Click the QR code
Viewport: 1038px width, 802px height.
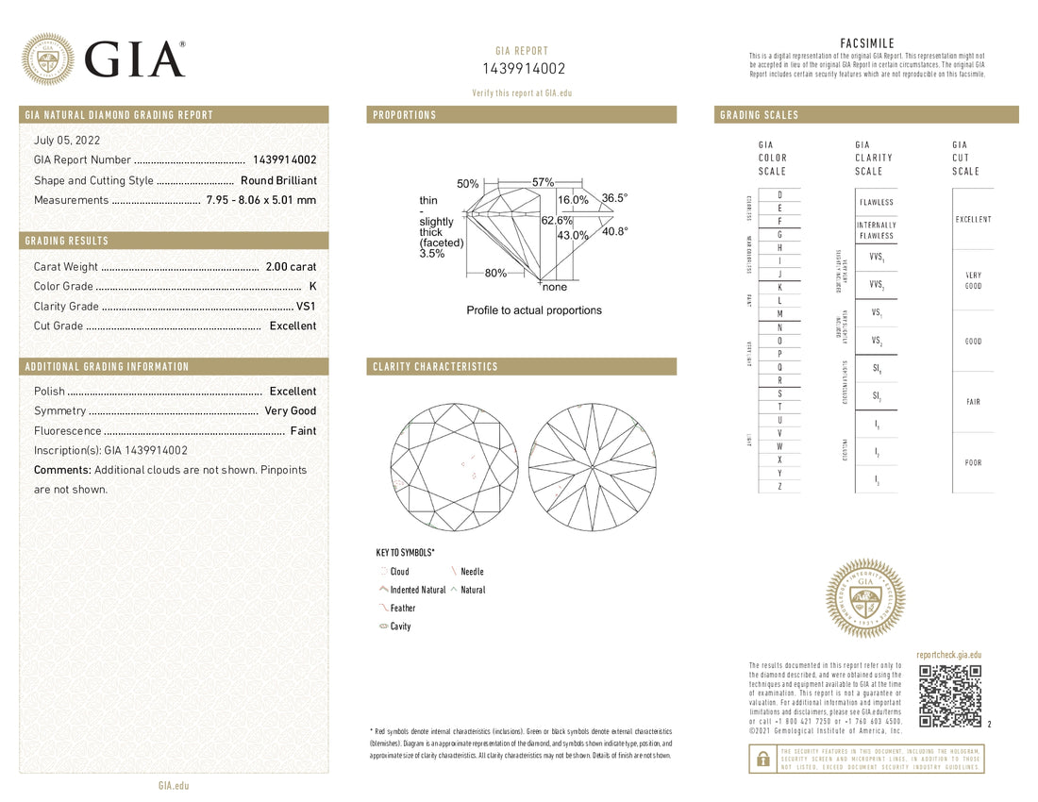coord(949,696)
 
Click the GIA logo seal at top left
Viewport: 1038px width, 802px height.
coord(48,59)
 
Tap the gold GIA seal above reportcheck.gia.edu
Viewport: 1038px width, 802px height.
coord(865,599)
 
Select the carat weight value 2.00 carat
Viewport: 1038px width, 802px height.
coord(290,267)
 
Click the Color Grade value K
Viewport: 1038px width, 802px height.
coord(312,286)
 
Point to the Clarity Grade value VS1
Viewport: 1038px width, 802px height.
coord(306,306)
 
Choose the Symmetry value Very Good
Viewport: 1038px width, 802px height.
coord(290,411)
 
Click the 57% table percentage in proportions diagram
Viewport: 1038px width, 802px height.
coord(543,181)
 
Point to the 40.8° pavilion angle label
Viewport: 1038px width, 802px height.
coord(614,230)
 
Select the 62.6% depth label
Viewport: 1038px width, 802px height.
coord(557,221)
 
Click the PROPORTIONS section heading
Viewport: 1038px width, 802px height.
coord(405,115)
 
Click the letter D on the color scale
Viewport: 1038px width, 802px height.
coord(779,194)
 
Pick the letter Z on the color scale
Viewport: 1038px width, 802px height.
coord(779,486)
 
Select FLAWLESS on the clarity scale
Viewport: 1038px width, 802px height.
coord(876,203)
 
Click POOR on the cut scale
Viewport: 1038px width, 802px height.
coord(973,463)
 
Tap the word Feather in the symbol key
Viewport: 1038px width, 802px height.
coord(402,609)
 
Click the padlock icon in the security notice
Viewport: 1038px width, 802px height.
coord(760,757)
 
